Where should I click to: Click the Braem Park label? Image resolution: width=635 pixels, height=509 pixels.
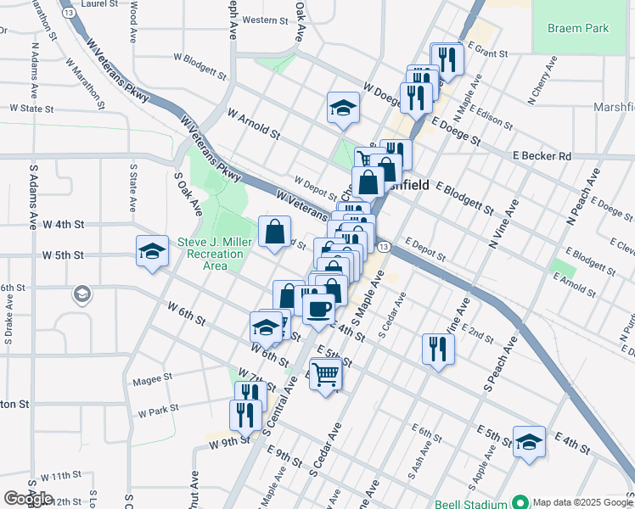tap(577, 28)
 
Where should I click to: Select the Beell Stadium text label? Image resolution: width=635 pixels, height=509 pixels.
tap(471, 503)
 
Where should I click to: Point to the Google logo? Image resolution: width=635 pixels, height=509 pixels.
tap(28, 499)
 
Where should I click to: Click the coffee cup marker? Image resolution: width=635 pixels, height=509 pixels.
tap(318, 308)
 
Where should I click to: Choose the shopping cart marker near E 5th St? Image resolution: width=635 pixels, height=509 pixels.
tap(326, 372)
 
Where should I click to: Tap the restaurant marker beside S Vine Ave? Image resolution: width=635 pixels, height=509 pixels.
tap(438, 348)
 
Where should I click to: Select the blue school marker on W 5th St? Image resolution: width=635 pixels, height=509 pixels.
tap(152, 250)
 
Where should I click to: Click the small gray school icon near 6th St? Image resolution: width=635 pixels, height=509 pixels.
tap(81, 294)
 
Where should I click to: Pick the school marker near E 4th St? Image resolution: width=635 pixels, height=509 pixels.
tap(529, 441)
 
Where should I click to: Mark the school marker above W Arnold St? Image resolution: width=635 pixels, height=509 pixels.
tap(342, 107)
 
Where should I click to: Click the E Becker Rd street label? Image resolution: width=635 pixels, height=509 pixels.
tap(542, 156)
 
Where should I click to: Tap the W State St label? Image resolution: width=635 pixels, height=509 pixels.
tap(31, 109)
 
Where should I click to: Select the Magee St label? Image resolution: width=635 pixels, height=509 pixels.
tap(153, 377)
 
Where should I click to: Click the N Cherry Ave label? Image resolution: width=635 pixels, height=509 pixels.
tap(542, 81)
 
